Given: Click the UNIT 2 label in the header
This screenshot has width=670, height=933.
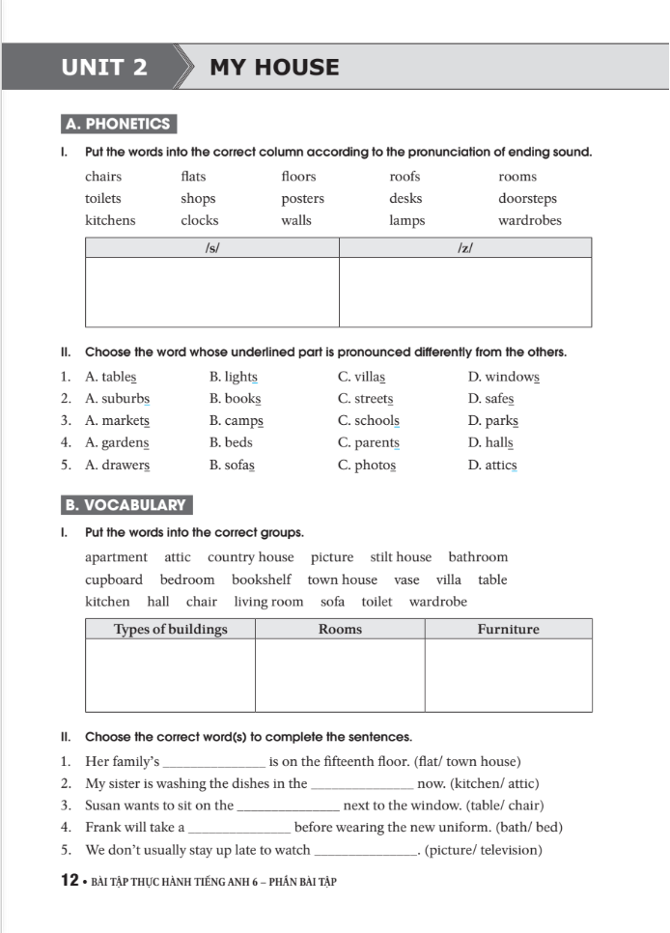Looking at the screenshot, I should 104,68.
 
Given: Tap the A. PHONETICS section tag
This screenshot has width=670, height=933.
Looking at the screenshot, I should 118,125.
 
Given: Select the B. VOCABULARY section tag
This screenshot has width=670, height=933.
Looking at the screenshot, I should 126,505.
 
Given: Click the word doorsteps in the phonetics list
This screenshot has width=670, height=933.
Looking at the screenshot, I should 527,199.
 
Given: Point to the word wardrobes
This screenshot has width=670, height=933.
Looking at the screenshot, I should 529,220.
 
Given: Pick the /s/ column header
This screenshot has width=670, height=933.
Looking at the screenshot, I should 212,248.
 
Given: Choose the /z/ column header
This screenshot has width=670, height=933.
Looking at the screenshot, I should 464,248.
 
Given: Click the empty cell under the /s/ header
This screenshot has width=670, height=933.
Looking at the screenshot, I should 212,292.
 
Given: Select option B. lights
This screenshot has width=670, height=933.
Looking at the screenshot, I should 233,378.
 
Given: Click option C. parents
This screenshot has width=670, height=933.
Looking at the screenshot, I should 368,443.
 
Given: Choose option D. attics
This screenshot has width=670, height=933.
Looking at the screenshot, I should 492,466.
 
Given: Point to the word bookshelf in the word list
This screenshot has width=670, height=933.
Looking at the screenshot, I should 261,580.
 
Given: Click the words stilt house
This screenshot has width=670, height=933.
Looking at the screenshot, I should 401,557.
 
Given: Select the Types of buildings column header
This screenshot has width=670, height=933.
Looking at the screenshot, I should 170,630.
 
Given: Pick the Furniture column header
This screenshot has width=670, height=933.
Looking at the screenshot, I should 508,630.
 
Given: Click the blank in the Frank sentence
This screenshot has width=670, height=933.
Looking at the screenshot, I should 239,829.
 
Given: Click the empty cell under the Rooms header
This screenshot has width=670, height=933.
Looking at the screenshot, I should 340,675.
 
